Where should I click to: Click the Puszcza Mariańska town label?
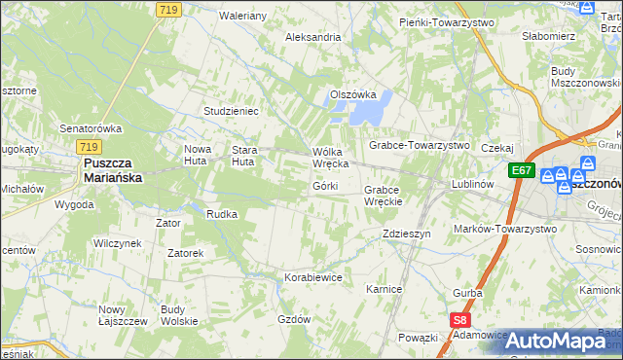pyautogui.click(x=112, y=171)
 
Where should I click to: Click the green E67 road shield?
pyautogui.click(x=523, y=170)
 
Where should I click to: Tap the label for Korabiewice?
pyautogui.click(x=313, y=277)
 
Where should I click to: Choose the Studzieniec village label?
pyautogui.click(x=231, y=111)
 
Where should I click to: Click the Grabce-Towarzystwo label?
pyautogui.click(x=419, y=145)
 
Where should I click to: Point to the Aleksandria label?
pyautogui.click(x=312, y=37)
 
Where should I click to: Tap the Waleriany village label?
pyautogui.click(x=243, y=17)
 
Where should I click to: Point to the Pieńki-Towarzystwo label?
pyautogui.click(x=447, y=21)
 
